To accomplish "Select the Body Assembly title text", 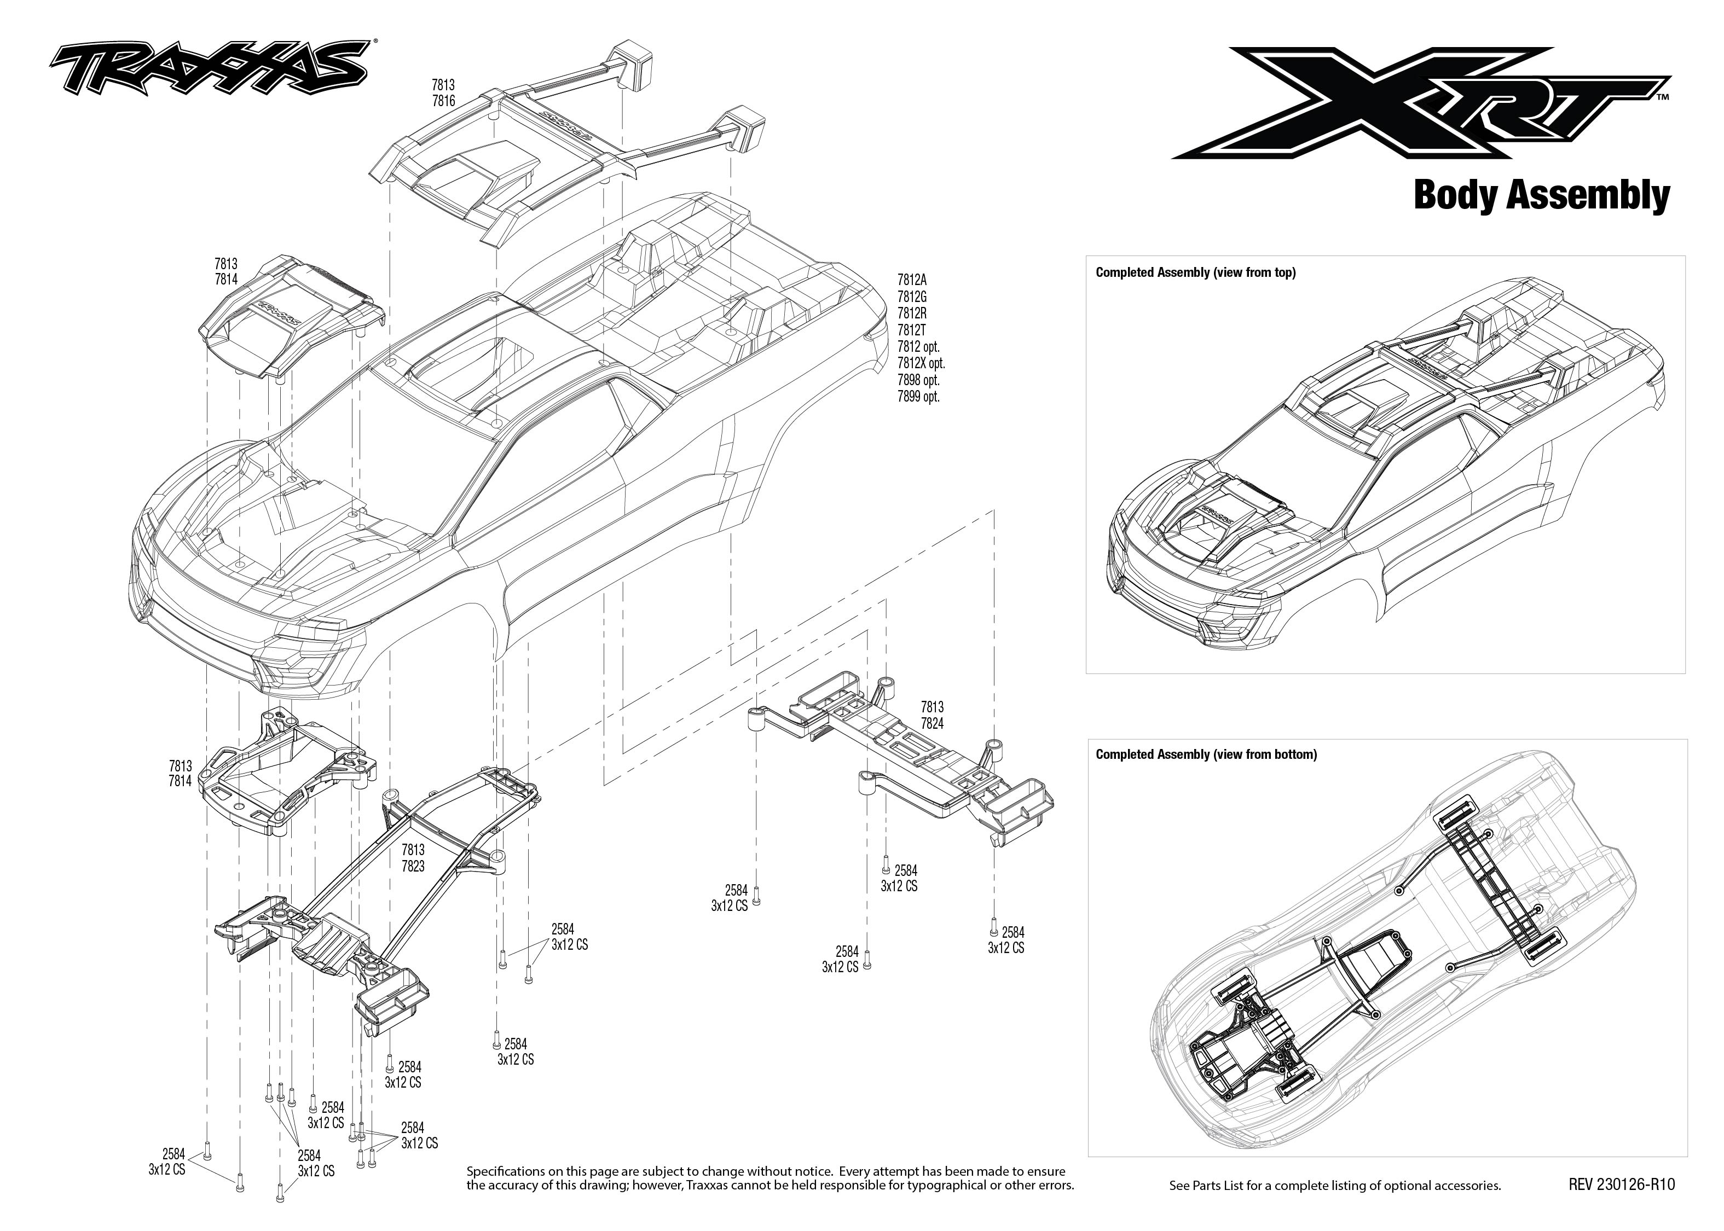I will point(1541,195).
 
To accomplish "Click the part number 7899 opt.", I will point(918,397).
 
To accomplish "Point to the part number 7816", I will point(443,101).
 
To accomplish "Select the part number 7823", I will point(413,867).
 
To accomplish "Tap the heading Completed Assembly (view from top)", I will point(1195,273).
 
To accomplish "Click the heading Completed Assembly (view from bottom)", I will point(1206,754).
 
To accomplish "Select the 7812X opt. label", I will point(921,363).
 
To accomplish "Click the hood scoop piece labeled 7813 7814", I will point(292,318).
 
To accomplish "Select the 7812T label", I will point(911,330).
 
